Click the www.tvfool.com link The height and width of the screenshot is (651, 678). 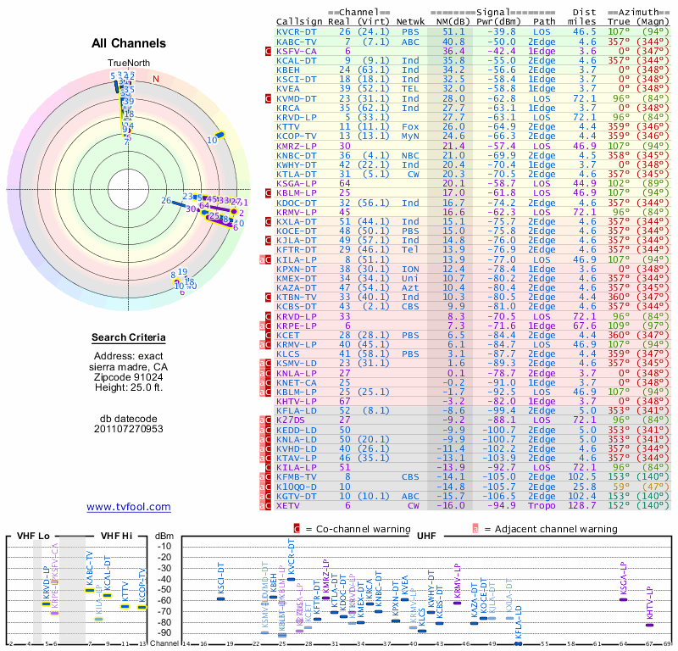pos(129,507)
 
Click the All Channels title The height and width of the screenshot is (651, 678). pos(129,43)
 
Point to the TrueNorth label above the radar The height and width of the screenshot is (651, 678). pos(128,64)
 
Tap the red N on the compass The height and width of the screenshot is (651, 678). pos(156,79)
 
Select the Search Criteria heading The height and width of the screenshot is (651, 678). pos(129,338)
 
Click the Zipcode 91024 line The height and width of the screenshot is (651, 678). pos(129,377)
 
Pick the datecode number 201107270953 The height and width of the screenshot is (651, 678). pos(129,428)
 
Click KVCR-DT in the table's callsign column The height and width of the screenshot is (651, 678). pos(297,31)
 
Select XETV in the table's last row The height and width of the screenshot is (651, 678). pos(290,505)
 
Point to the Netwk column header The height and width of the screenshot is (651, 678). pos(412,20)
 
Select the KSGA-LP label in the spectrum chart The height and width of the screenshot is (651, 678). pos(623,581)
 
